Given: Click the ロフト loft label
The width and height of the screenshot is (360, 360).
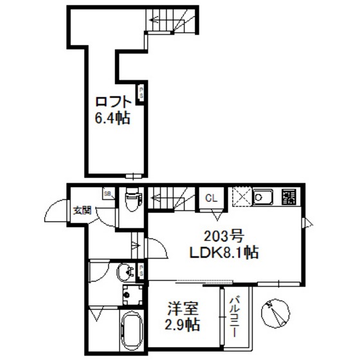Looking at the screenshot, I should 114,102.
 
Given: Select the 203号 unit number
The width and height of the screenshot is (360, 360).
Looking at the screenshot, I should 222,235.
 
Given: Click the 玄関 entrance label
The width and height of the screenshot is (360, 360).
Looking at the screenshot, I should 82,210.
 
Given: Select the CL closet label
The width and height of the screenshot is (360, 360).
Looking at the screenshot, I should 211,198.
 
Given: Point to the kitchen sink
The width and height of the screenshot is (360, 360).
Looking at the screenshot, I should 264,197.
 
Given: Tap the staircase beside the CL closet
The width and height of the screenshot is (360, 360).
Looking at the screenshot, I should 172,197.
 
